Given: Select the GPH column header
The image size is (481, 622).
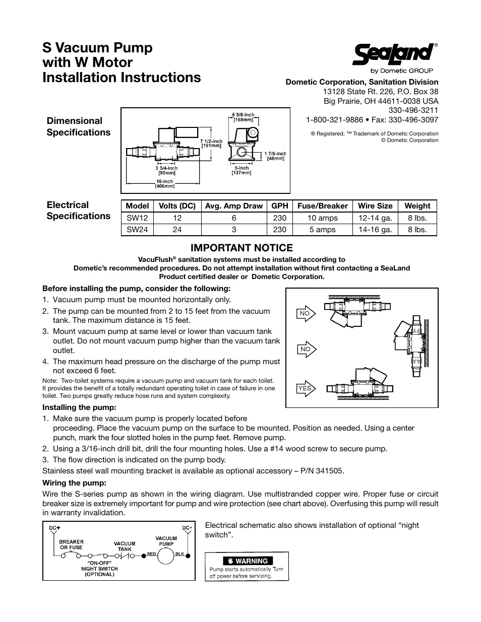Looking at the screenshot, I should pyautogui.click(x=279, y=205).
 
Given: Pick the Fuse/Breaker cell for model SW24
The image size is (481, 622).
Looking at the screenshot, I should pyautogui.click(x=323, y=230).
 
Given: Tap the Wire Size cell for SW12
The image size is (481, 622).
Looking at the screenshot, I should pyautogui.click(x=375, y=218).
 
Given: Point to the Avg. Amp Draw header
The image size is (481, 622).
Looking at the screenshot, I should pyautogui.click(x=234, y=205).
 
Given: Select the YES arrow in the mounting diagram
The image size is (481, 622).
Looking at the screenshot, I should pyautogui.click(x=306, y=388).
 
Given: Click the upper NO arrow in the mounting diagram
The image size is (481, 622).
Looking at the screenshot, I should pyautogui.click(x=306, y=313).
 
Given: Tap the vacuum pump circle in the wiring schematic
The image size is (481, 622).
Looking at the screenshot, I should pyautogui.click(x=166, y=555).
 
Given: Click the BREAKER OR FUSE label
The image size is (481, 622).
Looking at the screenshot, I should pyautogui.click(x=72, y=544).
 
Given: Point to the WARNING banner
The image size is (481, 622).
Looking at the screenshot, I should pyautogui.click(x=247, y=561).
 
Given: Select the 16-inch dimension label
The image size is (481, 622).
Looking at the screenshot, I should pyautogui.click(x=164, y=181).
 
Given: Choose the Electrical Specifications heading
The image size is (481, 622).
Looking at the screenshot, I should pyautogui.click(x=78, y=211).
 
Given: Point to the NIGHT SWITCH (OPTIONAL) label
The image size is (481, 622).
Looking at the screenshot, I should pyautogui.click(x=99, y=571).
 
